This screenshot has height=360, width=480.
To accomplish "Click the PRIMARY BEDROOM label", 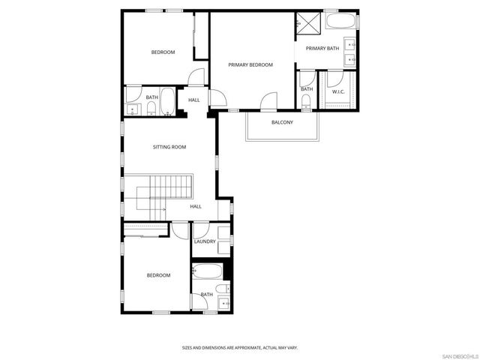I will click(250, 64).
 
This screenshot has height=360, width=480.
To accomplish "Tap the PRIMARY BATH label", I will click(322, 49).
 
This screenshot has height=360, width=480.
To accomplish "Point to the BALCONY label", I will click(282, 122).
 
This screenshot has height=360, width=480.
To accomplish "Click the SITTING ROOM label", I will click(169, 147).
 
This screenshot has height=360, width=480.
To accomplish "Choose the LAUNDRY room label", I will click(205, 241).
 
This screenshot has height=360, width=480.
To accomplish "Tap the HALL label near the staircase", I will click(196, 206).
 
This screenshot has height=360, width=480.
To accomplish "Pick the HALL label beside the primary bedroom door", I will click(194, 100).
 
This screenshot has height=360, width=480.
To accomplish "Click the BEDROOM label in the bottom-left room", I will click(158, 275).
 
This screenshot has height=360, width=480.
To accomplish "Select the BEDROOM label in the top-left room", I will click(163, 52).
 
